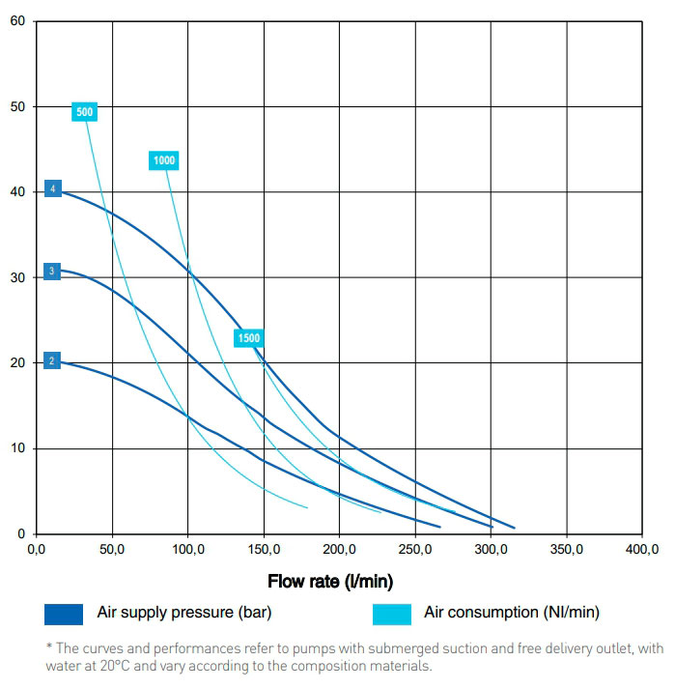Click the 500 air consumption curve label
point(84,112)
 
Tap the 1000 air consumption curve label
point(164,160)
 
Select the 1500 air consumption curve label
point(248,337)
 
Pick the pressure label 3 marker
point(52,271)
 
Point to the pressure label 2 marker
point(52,360)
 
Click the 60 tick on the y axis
point(17,20)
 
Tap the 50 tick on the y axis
point(17,105)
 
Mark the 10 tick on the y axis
point(17,448)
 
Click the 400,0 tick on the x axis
point(641,550)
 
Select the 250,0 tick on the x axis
point(414,550)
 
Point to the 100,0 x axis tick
point(187,550)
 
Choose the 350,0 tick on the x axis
point(566,550)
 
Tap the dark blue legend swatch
point(64,614)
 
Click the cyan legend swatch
point(390,614)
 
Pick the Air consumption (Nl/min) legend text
point(512,613)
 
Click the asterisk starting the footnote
point(48,646)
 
